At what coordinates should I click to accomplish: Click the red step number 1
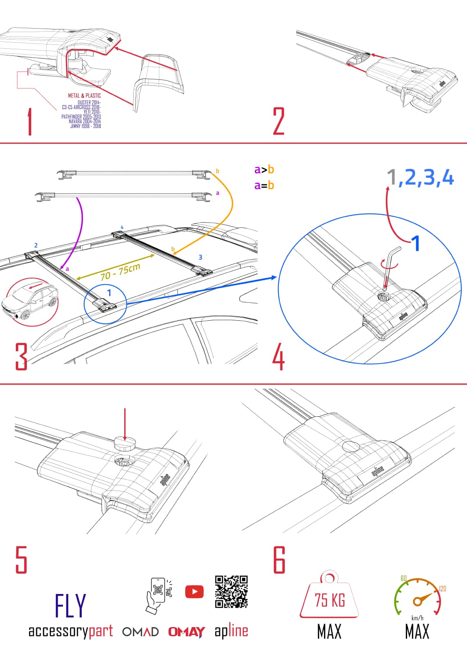click(x=29, y=122)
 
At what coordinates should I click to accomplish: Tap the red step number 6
click(x=279, y=560)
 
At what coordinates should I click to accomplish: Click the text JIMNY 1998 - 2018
click(x=85, y=126)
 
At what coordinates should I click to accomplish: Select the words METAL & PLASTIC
click(x=84, y=95)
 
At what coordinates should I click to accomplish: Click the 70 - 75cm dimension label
click(x=120, y=271)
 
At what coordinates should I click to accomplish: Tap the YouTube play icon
click(x=194, y=592)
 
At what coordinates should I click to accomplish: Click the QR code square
click(x=231, y=592)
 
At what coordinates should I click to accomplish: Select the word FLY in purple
click(x=70, y=606)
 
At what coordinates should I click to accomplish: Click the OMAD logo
click(x=140, y=632)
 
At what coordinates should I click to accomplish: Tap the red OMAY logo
click(x=186, y=632)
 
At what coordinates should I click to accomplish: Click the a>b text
click(x=264, y=170)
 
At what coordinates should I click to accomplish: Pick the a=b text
click(x=264, y=185)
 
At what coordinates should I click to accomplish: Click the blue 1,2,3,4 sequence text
click(x=420, y=177)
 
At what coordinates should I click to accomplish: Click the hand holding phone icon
click(x=157, y=595)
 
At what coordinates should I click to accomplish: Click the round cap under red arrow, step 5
click(x=125, y=444)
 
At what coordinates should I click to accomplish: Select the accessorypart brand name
click(x=70, y=631)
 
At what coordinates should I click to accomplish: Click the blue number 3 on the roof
click(x=200, y=257)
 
